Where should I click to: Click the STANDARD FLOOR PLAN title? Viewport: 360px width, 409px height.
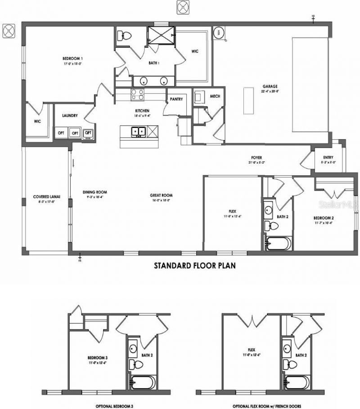pyautogui.click(x=195, y=265)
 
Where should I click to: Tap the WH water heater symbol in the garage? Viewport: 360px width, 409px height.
pyautogui.click(x=220, y=33)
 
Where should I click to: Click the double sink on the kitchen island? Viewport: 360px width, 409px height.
pyautogui.click(x=138, y=132)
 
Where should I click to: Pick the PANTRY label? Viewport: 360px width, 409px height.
pyautogui.click(x=176, y=99)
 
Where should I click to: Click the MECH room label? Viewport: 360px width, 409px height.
pyautogui.click(x=202, y=96)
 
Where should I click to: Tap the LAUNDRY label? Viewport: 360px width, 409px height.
pyautogui.click(x=70, y=116)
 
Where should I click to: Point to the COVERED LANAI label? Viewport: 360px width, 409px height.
pyautogui.click(x=46, y=196)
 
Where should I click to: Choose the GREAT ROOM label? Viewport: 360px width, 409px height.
pyautogui.click(x=161, y=195)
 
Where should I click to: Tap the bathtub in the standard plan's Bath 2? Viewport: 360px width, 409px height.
pyautogui.click(x=278, y=243)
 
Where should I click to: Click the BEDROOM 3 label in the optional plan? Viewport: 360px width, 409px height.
pyautogui.click(x=97, y=358)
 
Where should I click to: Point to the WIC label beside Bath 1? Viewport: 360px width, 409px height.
pyautogui.click(x=195, y=51)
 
